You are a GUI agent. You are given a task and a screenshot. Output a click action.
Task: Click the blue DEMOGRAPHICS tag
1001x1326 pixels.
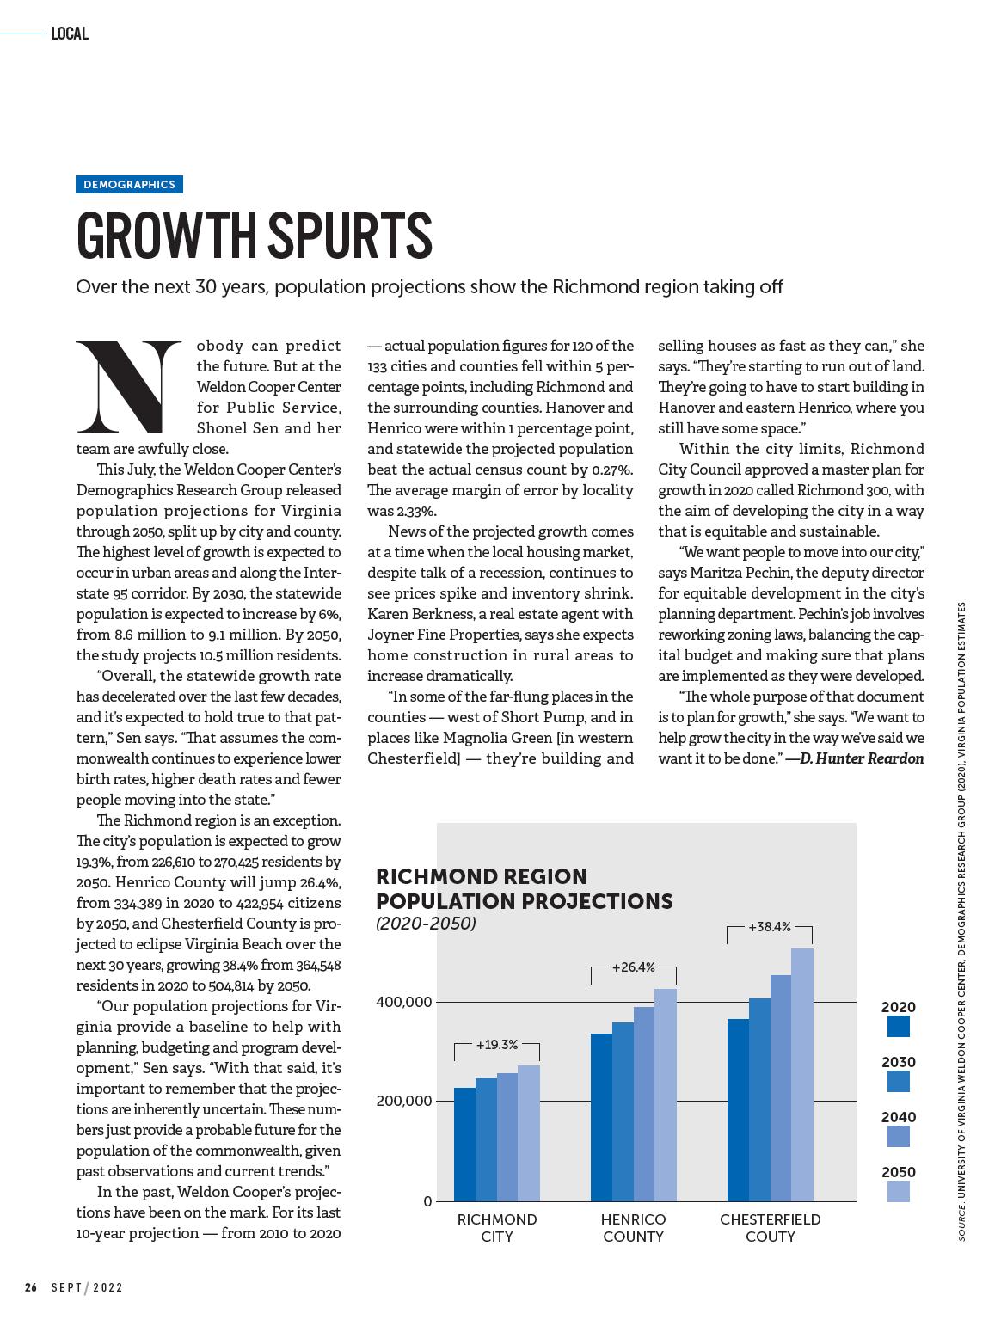[129, 184]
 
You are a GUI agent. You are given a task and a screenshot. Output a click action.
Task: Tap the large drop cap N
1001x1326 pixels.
[129, 387]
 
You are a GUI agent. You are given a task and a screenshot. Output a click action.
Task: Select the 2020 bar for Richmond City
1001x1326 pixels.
[464, 1144]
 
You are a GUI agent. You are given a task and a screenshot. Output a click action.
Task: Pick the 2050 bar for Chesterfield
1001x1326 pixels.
[801, 1075]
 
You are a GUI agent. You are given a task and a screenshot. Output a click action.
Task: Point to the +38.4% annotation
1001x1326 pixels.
[769, 927]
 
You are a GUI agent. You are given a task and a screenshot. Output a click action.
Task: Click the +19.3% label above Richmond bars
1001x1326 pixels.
[497, 1045]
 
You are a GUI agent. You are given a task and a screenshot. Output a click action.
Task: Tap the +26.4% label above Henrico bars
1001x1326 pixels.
[634, 967]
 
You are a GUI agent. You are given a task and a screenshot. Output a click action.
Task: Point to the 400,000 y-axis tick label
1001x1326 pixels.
[404, 1002]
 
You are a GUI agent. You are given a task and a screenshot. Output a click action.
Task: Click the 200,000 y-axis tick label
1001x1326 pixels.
[404, 1101]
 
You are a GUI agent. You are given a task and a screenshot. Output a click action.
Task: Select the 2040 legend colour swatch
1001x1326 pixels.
[898, 1136]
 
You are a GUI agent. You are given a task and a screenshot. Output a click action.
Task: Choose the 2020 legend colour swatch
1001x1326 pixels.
[898, 1026]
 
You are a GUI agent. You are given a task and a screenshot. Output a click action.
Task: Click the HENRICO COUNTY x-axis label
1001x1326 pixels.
[633, 1228]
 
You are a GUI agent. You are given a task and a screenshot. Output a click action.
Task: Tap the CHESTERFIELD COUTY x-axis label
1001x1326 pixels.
[770, 1228]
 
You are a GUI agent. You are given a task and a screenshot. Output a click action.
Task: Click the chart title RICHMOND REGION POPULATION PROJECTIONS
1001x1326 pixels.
[525, 888]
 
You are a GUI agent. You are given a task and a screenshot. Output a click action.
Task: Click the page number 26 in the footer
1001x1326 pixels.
[31, 1287]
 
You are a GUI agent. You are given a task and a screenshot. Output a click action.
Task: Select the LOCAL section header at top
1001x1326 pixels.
[70, 34]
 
